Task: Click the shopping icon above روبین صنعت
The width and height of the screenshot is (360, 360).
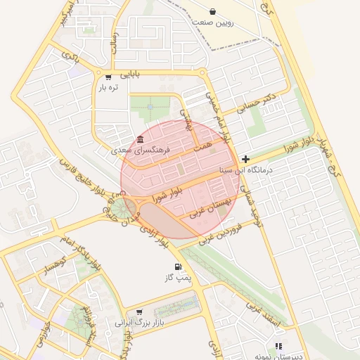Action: point(214,12)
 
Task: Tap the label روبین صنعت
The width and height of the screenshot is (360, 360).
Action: point(214,23)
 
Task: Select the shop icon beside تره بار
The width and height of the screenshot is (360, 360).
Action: point(108,77)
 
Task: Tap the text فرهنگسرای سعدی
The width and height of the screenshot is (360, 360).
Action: point(141,150)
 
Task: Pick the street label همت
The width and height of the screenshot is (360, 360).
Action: point(203,142)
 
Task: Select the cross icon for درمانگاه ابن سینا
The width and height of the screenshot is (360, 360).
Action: point(245,159)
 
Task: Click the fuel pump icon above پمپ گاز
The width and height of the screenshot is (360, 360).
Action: point(176,267)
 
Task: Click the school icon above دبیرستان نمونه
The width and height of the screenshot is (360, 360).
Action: point(279,346)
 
